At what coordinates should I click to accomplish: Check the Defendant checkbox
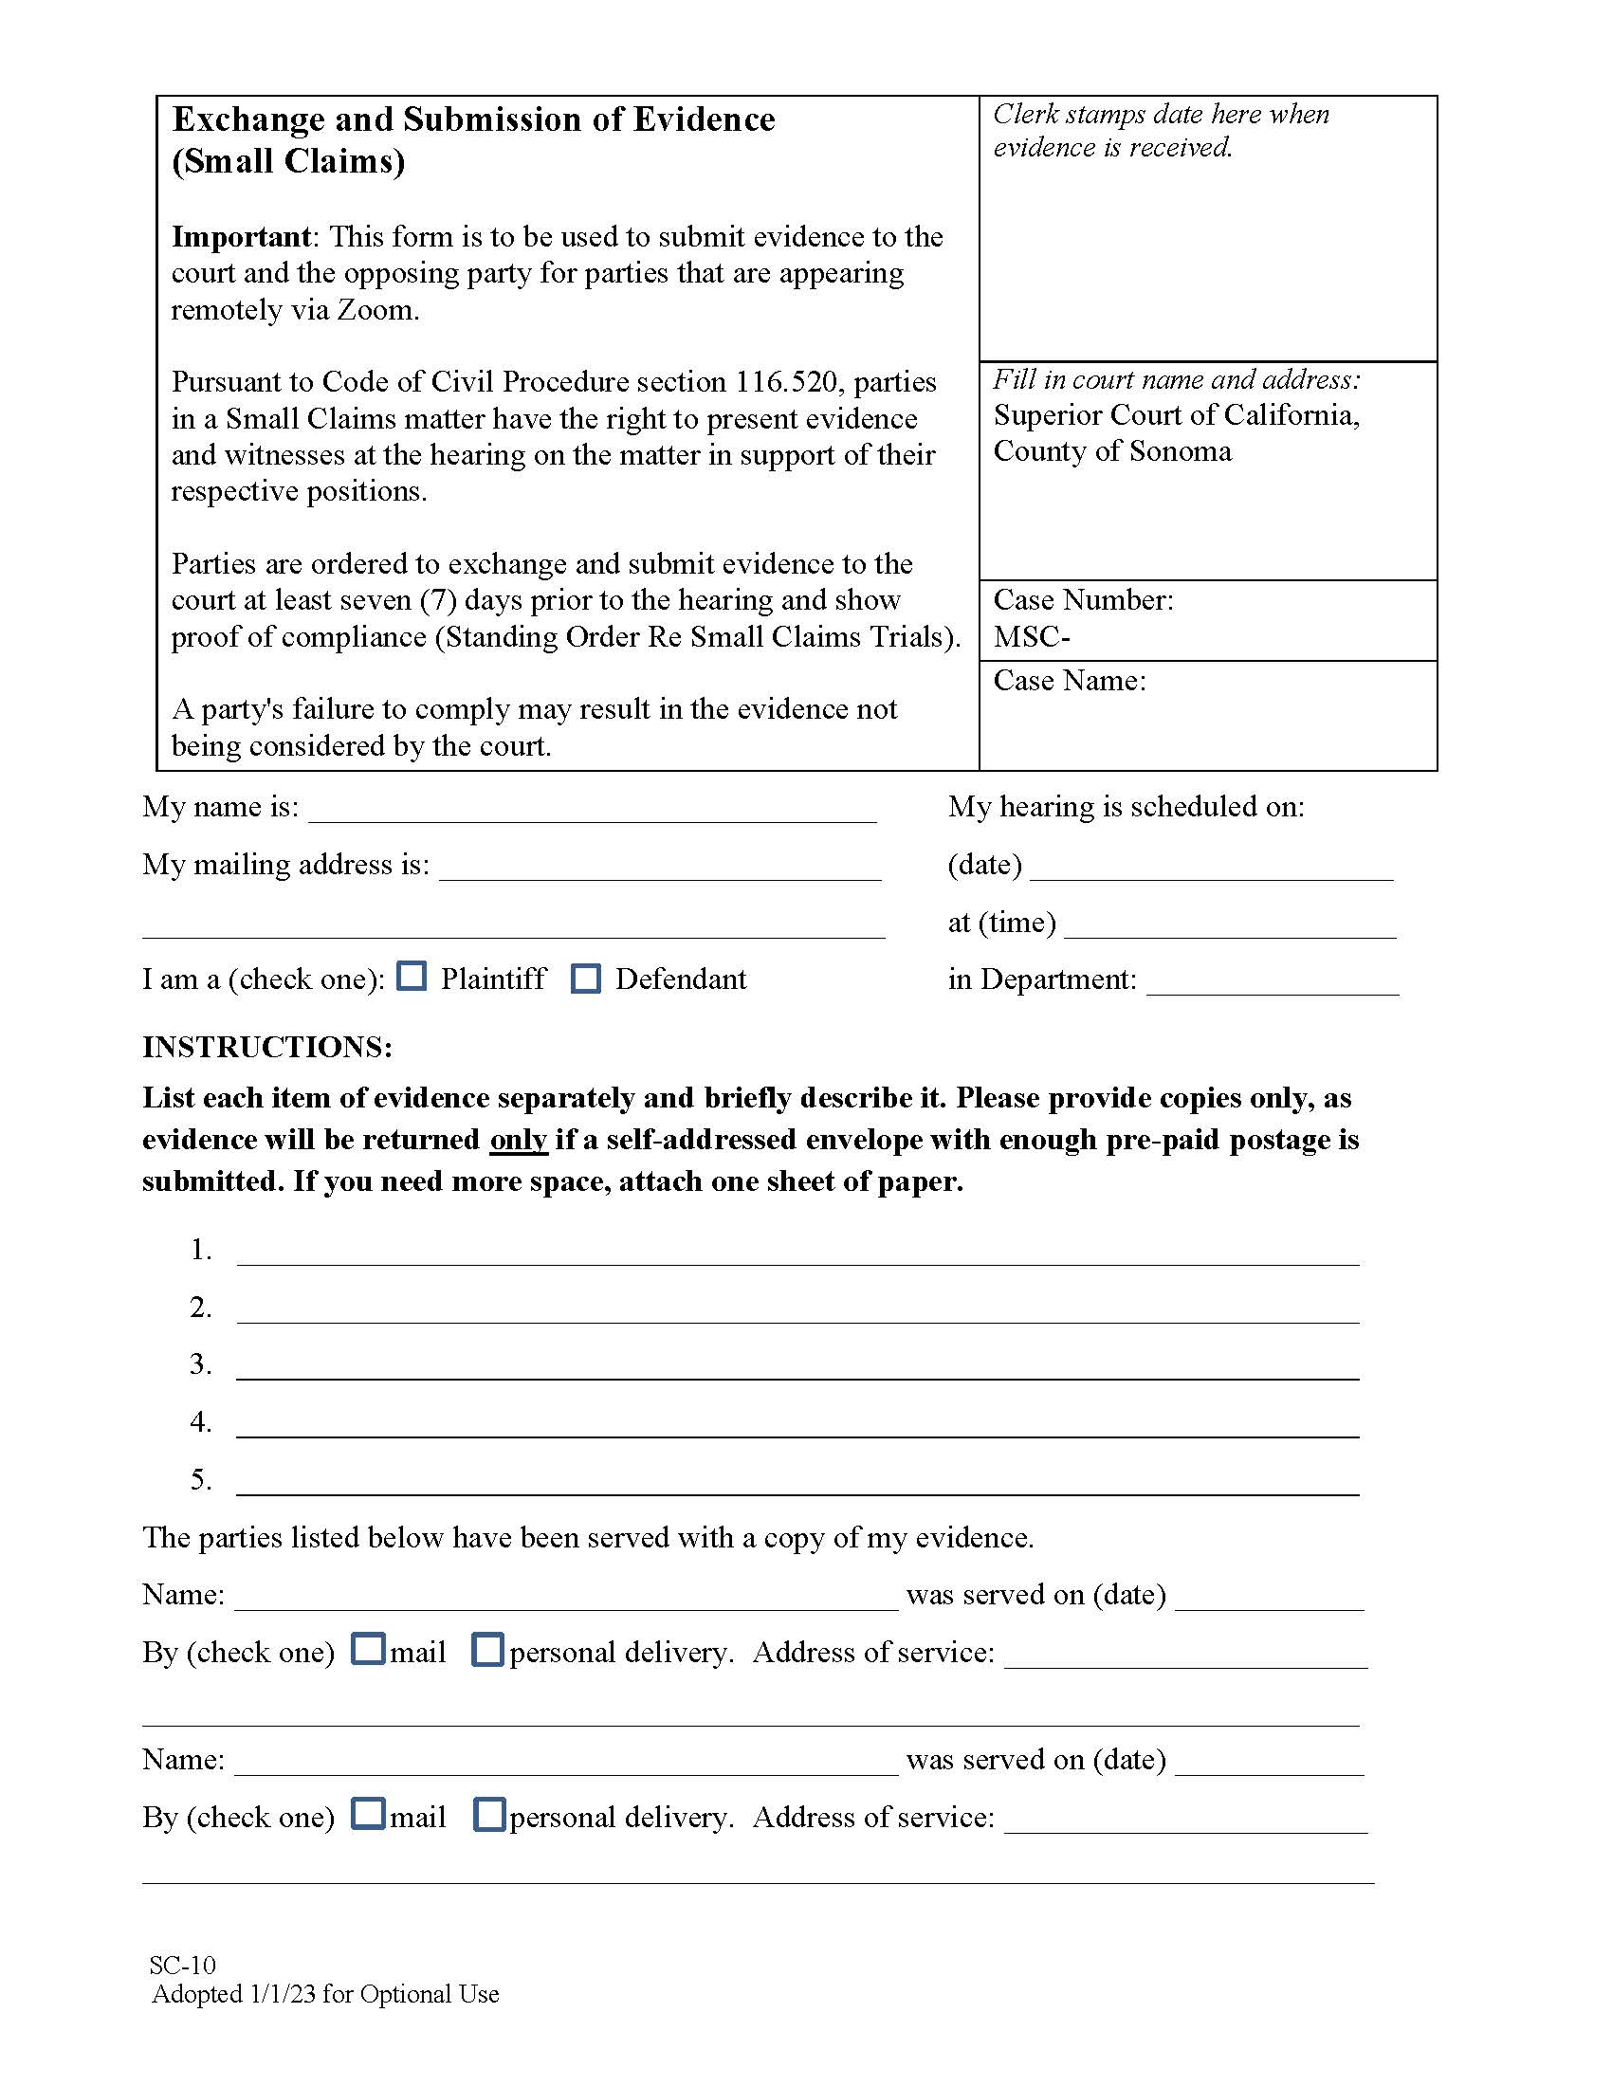tap(585, 979)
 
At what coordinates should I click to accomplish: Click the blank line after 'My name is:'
tap(592, 811)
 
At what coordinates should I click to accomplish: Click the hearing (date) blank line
tap(1211, 869)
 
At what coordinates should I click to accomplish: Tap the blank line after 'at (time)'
tap(1229, 925)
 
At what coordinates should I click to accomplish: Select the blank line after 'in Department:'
tap(1272, 983)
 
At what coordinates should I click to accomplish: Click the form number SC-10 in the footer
tap(182, 1965)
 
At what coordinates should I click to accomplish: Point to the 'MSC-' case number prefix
tap(1032, 637)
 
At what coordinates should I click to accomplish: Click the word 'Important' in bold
tap(241, 236)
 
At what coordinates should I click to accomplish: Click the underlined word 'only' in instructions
tap(518, 1140)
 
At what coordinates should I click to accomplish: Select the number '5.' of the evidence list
tap(200, 1479)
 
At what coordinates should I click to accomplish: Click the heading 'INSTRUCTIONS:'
tap(266, 1047)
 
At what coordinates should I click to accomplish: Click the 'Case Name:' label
tap(1070, 681)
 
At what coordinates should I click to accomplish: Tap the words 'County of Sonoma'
tap(1112, 450)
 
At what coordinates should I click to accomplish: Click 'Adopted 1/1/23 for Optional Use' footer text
tap(324, 1994)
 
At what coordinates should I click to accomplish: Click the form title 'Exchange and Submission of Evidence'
tap(473, 119)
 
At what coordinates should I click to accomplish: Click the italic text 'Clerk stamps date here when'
tap(1161, 115)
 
